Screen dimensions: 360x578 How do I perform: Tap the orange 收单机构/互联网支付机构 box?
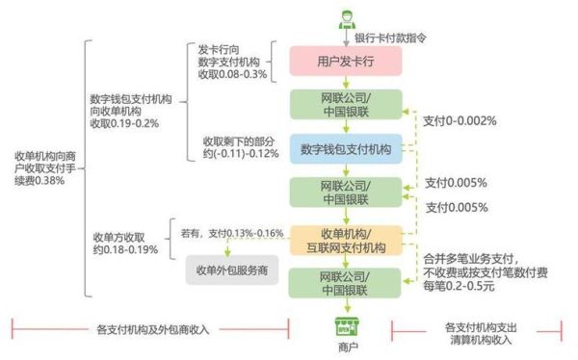point(345,240)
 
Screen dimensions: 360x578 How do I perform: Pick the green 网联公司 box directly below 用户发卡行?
point(345,105)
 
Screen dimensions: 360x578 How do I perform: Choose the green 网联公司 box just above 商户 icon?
point(345,283)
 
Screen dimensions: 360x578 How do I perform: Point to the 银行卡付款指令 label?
point(390,38)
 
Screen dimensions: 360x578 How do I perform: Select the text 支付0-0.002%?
point(460,120)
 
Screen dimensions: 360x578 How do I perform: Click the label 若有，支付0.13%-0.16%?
point(231,233)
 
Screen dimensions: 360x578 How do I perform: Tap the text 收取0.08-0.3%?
point(231,76)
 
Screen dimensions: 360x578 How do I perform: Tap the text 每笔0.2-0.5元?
point(466,286)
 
